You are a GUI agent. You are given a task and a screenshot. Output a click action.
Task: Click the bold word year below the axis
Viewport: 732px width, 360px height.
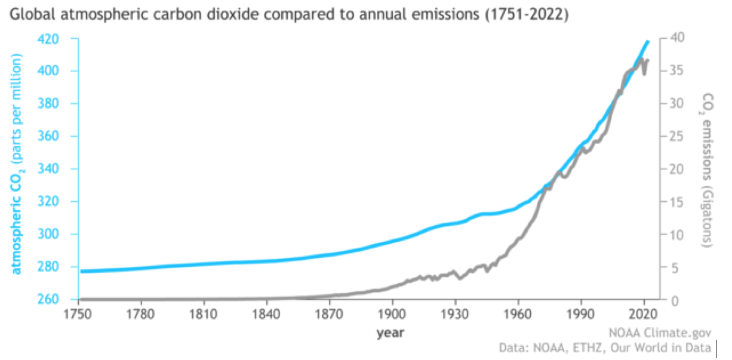(391, 333)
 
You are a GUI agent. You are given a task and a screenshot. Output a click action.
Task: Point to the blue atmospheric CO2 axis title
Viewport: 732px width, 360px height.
(17, 164)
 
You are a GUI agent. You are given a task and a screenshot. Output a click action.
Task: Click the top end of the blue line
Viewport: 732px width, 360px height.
(648, 41)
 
